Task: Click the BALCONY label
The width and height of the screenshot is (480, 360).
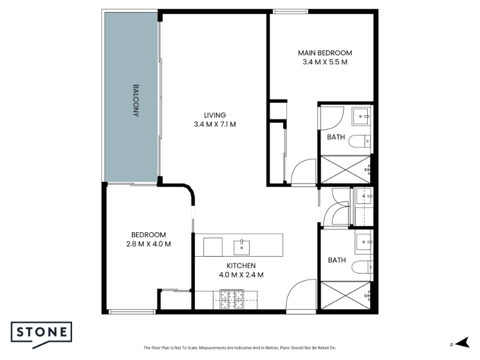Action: coord(136,100)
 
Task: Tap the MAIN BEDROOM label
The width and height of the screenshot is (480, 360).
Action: coord(325,53)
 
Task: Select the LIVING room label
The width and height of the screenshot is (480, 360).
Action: coord(215,115)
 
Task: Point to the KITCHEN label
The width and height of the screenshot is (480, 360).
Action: coord(241,266)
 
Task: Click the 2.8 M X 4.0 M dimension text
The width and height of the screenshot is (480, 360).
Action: coord(148,244)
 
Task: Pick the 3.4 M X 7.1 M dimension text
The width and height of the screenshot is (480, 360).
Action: coord(215,124)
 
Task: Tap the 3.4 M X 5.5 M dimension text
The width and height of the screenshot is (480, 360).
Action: coord(325,62)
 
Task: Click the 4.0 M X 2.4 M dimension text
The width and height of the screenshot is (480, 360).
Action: coord(241,275)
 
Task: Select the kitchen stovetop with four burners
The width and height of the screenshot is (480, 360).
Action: coord(232,299)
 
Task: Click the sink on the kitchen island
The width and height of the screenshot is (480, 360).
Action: coord(242,248)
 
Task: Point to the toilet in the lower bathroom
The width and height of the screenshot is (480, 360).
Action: coord(362,267)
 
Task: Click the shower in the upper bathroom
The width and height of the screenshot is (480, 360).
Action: coord(346,170)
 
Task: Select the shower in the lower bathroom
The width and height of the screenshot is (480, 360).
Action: coord(346,295)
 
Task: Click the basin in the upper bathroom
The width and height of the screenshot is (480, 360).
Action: coord(361,116)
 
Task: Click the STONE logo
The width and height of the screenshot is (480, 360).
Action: coord(41,335)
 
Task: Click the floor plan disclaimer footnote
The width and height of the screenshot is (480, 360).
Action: coord(239,348)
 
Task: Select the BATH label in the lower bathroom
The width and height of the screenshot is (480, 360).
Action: coord(337,260)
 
